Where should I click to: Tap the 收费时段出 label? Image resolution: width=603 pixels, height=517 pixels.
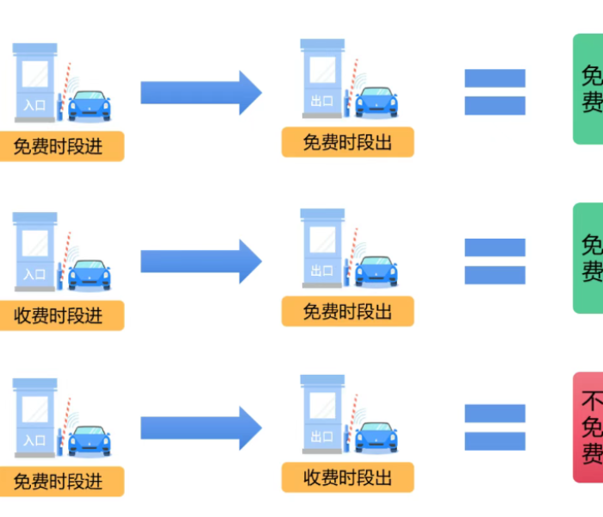coord(347,477)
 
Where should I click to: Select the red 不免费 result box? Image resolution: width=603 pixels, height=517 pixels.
coord(589,427)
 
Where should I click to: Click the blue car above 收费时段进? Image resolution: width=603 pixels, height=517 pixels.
coord(89,274)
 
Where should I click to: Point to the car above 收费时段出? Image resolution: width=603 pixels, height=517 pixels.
coord(376,438)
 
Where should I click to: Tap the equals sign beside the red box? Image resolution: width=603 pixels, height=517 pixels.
coord(494,427)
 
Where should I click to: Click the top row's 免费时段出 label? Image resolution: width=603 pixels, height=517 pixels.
coord(347,142)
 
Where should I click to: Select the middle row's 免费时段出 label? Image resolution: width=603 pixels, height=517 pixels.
coord(347,311)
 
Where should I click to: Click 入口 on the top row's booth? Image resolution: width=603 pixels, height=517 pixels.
coord(34,105)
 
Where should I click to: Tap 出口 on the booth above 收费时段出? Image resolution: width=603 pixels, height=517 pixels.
coord(322,437)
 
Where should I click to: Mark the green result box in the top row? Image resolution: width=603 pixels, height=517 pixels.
coord(589,89)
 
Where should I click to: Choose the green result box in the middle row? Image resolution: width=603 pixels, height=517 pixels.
coord(589,258)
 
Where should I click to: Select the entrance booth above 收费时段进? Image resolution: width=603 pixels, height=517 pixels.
coord(36,250)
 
